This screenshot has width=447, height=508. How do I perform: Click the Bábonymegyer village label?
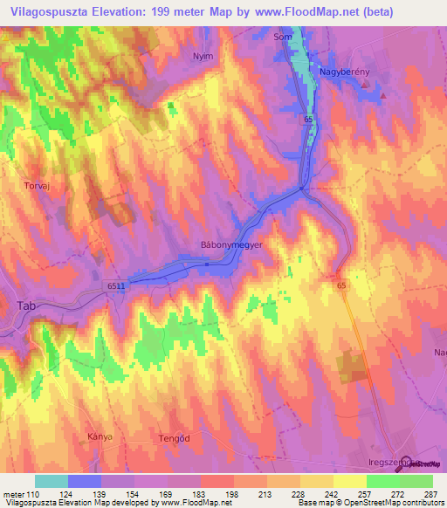[232, 246]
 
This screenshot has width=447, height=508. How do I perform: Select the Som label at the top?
[282, 38]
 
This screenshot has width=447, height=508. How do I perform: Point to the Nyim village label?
[203, 55]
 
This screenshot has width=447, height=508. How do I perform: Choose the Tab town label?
[27, 305]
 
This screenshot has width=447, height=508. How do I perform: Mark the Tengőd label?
[175, 438]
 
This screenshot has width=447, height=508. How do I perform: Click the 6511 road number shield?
[117, 285]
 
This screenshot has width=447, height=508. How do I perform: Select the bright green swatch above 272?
[382, 481]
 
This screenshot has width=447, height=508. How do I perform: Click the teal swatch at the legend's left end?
[52, 481]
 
